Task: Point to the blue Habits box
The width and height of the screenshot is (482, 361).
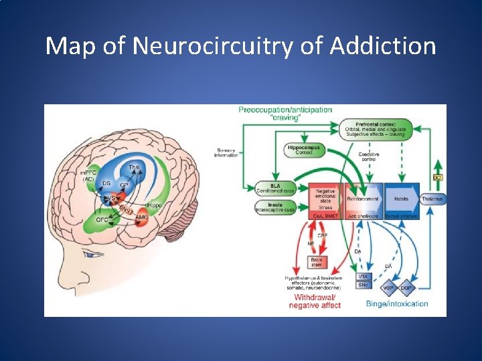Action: pos(402,199)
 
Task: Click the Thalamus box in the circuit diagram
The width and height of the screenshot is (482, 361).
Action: pos(432,199)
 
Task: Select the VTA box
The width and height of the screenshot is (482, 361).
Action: pos(362,276)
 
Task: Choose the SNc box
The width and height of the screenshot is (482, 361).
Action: pos(362,285)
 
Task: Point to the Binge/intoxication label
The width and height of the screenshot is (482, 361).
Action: pos(397,304)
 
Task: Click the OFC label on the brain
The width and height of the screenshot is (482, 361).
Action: pos(102,219)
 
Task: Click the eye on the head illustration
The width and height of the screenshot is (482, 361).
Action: pos(87,253)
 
